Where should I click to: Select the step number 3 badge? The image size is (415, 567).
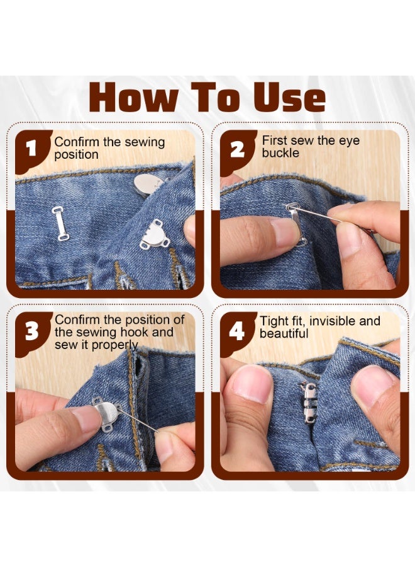point(32,332)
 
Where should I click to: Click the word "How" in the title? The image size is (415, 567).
point(133,97)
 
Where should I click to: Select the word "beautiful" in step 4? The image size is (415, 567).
point(284,333)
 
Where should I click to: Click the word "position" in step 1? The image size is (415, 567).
point(76,154)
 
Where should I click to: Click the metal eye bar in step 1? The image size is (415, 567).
point(60,223)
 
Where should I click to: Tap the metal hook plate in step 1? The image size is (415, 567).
point(155,235)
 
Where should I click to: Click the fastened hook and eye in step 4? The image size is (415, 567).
point(309,403)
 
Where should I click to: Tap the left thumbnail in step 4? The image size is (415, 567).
point(252,384)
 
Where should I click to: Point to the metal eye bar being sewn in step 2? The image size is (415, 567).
point(297,224)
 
